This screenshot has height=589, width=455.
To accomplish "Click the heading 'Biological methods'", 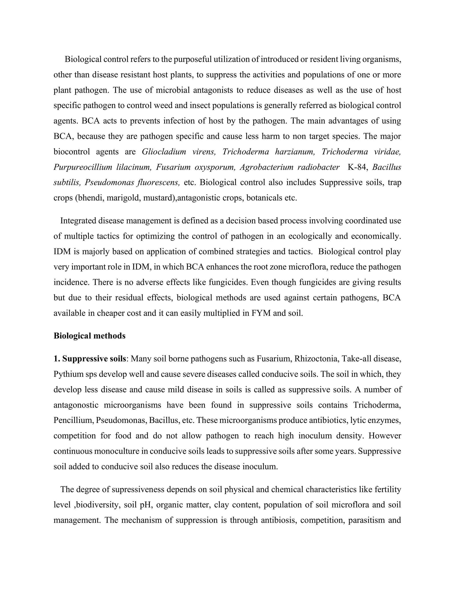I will pyautogui.click(x=90, y=336).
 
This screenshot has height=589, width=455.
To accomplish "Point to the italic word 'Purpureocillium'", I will pyautogui.click(x=83, y=167).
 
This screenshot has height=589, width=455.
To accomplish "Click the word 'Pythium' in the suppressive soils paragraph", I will pyautogui.click(x=65, y=374).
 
